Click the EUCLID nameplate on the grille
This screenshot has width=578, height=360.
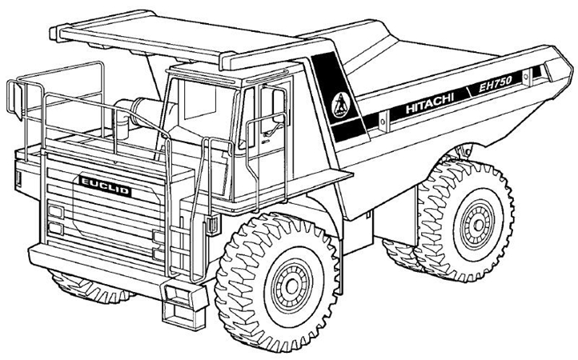(x=106, y=186)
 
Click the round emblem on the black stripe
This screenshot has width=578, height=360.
(x=341, y=105)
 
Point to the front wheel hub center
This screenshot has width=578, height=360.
(x=292, y=285)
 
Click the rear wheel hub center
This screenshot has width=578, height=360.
(x=479, y=224)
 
